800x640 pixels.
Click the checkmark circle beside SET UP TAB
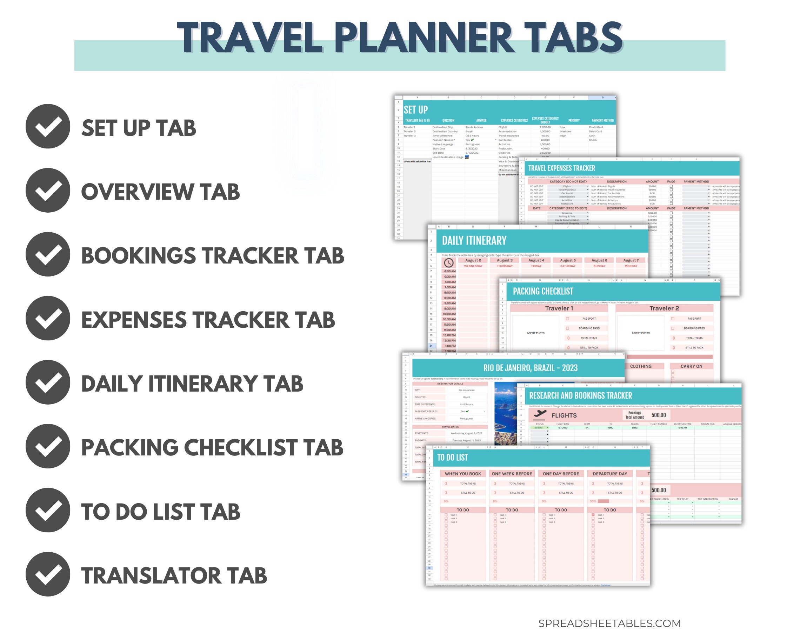(47, 126)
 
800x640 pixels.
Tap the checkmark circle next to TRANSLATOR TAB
(47, 574)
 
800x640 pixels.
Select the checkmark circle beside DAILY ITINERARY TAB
(47, 382)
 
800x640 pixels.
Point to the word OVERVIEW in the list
(137, 192)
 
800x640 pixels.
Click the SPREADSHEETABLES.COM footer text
(609, 623)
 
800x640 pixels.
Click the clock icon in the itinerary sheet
(449, 263)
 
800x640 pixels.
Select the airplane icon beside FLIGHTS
(539, 414)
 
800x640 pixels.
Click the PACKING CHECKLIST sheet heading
(543, 291)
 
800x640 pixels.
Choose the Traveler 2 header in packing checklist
(664, 308)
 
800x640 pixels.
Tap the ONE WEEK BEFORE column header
(512, 474)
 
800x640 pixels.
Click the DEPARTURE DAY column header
(609, 474)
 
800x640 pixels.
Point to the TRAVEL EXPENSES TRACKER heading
(561, 168)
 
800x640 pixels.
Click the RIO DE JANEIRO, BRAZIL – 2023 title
(530, 368)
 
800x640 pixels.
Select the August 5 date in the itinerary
(568, 260)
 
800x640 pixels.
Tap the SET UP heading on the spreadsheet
(415, 110)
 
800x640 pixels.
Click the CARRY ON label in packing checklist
(691, 366)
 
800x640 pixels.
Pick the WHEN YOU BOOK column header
(463, 474)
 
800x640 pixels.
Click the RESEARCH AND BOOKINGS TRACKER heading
(580, 395)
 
